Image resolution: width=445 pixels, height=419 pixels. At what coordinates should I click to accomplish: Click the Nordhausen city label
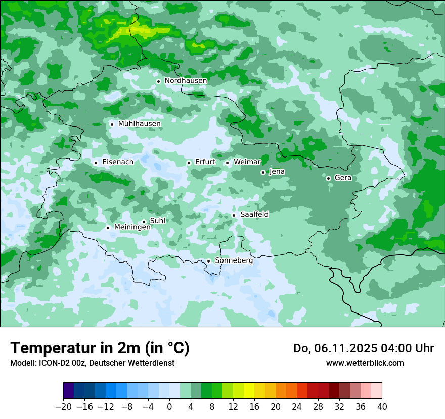tap(186, 81)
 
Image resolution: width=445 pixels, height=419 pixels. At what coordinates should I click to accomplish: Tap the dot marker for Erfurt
tap(189, 163)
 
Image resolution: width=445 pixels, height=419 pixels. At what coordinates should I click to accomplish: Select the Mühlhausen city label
tap(139, 124)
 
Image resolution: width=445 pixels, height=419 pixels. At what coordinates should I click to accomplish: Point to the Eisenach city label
tap(118, 162)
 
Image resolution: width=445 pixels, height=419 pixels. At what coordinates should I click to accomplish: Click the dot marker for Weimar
tap(227, 163)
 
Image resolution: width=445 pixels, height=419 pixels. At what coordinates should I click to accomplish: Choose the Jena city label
tap(277, 172)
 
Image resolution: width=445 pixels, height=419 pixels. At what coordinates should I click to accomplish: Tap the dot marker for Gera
tap(328, 178)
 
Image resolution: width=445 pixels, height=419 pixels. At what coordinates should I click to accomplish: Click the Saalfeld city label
tap(254, 215)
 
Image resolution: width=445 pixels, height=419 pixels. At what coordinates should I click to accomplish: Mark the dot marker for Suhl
tap(144, 222)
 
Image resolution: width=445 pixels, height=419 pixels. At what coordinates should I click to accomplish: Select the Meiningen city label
tap(132, 227)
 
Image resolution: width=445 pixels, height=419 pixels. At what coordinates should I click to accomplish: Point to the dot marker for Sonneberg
tap(208, 261)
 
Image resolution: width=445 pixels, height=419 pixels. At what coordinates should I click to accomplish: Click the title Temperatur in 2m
tap(100, 348)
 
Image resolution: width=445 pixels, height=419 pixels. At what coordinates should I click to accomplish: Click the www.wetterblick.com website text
tap(365, 363)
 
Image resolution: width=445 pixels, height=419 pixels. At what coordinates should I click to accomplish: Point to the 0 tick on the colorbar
tap(169, 407)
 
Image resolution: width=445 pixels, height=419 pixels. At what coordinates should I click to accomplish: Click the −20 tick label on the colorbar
tap(64, 407)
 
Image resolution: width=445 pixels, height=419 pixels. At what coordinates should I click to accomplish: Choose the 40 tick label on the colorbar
tap(382, 407)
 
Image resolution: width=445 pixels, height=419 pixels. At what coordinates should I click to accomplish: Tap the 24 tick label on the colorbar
tap(297, 407)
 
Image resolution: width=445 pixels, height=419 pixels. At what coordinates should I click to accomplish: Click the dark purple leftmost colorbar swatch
tap(69, 391)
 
